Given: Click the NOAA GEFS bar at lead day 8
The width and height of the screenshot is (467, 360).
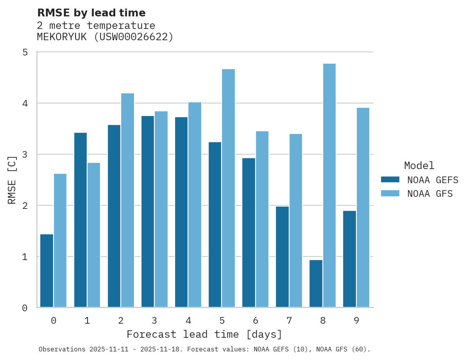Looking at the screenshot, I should (x=316, y=284).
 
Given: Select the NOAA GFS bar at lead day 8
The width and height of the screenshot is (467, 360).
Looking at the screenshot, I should (x=329, y=185).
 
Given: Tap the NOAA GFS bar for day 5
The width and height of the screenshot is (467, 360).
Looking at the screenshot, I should (x=228, y=188).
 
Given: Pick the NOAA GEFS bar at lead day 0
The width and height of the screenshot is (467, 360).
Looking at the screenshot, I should (x=47, y=271).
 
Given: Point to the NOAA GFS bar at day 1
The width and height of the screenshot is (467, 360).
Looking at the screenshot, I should (x=94, y=235).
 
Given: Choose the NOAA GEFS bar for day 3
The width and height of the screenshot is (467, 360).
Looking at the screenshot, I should (x=148, y=212).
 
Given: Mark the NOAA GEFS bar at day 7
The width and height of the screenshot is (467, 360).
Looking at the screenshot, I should (x=282, y=257).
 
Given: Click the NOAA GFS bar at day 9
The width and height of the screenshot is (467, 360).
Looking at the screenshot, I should (x=363, y=208).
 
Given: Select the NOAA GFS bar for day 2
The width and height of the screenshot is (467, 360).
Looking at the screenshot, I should (x=127, y=200).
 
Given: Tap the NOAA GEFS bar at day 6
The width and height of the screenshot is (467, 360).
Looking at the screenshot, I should (x=249, y=233).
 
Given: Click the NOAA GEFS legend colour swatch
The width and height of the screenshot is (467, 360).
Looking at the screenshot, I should (x=390, y=180).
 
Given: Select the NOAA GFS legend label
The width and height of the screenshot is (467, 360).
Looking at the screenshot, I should (x=430, y=194).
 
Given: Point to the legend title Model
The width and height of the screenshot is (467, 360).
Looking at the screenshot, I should (x=419, y=166).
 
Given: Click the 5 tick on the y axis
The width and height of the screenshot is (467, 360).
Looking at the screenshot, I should (x=25, y=52).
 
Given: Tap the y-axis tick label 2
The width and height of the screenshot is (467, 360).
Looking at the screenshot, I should (x=25, y=205).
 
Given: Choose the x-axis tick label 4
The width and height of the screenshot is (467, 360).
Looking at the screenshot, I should (x=188, y=321).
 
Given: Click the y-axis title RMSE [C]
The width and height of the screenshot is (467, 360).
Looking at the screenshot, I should (x=12, y=180).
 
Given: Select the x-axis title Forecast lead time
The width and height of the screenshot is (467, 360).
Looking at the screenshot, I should (x=204, y=335).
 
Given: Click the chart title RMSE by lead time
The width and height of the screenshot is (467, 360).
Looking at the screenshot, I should (x=91, y=13).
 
